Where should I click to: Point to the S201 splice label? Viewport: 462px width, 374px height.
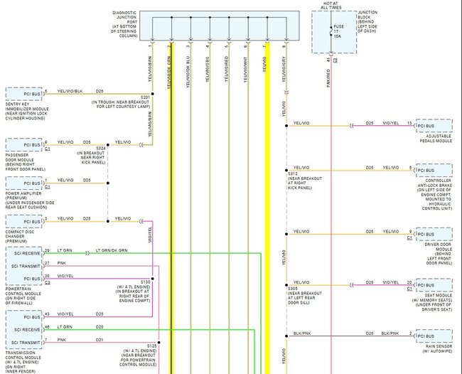click(145, 97)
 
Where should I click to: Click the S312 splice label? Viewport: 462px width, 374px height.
click(293, 173)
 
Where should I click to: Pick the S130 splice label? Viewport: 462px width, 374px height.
click(146, 282)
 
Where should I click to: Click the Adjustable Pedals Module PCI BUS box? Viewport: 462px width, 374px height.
click(433, 126)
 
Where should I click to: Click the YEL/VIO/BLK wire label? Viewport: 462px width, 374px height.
click(70, 91)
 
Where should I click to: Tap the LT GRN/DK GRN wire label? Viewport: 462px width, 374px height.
click(112, 250)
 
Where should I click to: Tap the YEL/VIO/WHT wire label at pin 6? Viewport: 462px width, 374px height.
click(245, 70)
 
